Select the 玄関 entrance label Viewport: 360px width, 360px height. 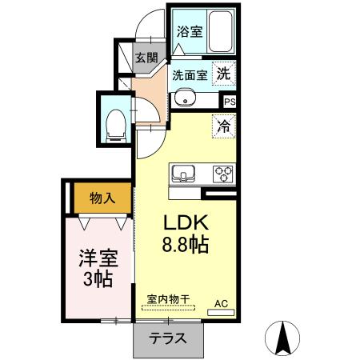[x=146, y=58]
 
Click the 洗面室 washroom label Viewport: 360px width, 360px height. [x=190, y=74]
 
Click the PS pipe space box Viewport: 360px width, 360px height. [x=230, y=102]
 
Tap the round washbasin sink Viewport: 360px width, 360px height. [x=186, y=100]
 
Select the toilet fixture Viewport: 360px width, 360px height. [x=115, y=122]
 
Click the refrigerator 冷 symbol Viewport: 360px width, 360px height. [x=223, y=126]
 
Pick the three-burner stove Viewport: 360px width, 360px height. [x=222, y=174]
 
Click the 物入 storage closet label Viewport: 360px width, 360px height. [x=102, y=198]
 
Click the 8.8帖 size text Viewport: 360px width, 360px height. [x=186, y=244]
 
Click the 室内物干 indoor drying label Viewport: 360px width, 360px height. [x=168, y=299]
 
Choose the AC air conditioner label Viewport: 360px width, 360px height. [x=221, y=304]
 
